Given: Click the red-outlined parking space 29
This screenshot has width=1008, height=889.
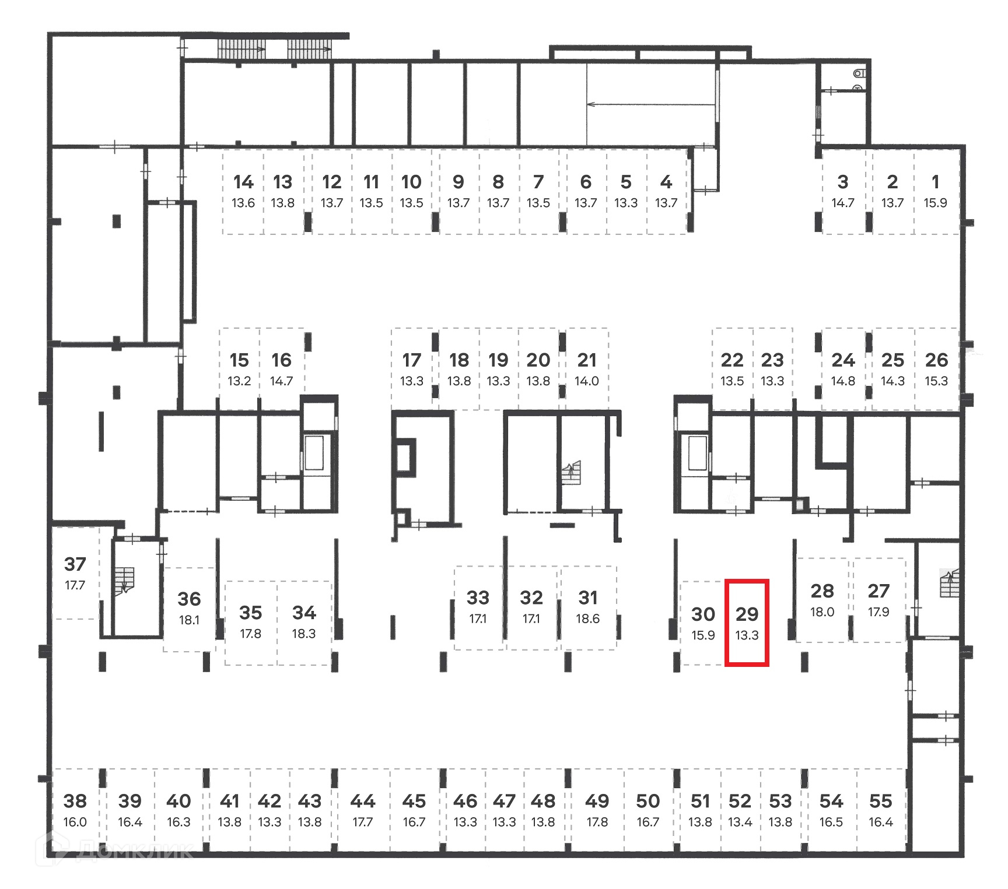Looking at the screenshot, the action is [747, 622].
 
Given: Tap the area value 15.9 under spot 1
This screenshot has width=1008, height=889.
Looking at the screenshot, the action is [935, 203].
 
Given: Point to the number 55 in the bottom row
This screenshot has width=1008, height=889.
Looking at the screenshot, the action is [880, 802].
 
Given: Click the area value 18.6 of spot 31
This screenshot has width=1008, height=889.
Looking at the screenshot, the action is [587, 619].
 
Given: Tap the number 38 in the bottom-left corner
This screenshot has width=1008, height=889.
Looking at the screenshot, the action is [75, 802].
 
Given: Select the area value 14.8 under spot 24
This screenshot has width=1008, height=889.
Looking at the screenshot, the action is [843, 381].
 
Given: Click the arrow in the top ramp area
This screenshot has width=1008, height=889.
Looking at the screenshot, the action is [650, 105].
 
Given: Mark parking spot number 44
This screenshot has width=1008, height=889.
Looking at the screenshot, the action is [362, 802].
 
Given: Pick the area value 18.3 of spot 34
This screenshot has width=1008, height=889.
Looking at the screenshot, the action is [304, 634].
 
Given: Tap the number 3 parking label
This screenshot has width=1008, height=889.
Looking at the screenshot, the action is [842, 182].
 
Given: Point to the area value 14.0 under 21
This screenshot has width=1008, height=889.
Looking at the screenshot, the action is [587, 381].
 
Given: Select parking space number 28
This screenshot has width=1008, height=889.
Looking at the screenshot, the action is [822, 591].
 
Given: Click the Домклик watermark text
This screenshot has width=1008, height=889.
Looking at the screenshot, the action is [134, 851].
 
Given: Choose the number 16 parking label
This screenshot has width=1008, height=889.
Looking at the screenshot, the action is [281, 360].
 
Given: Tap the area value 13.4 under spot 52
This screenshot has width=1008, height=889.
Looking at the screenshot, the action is [740, 822].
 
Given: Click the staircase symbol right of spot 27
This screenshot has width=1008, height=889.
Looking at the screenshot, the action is [949, 584].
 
